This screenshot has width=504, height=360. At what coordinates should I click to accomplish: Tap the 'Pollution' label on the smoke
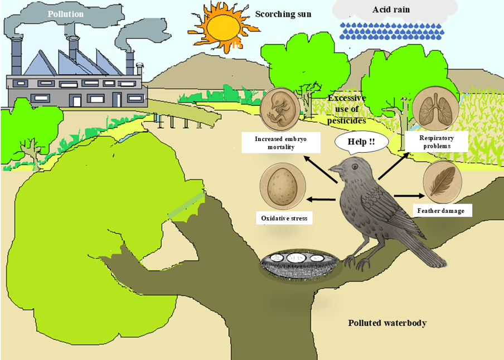pos(66,14)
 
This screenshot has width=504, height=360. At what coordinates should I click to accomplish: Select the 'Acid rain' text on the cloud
pos(389,10)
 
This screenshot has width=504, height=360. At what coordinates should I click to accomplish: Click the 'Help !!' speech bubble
pos(361,142)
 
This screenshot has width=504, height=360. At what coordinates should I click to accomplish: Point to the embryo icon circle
pos(280,109)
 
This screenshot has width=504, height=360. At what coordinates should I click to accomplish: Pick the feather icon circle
pos(442,182)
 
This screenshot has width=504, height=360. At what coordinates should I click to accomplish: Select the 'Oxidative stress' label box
pos(284,218)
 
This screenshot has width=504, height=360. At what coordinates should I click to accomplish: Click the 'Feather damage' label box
pos(440,211)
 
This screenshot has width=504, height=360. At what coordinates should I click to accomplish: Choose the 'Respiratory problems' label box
pos(437,142)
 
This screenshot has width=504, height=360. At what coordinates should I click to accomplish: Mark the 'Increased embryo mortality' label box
pos(280,142)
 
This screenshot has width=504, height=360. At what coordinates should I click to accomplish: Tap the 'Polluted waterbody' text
pos(387,323)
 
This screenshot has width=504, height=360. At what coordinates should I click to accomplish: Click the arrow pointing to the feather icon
pos(409,196)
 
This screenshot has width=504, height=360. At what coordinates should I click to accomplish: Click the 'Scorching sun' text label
pos(283,14)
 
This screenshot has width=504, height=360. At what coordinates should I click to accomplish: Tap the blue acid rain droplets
pos(392,32)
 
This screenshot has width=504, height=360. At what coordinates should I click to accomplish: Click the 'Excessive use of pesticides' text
pos(346,109)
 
